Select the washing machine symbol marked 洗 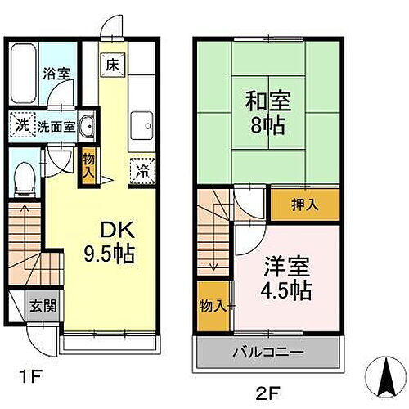click(22, 127)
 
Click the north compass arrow click(382, 376)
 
